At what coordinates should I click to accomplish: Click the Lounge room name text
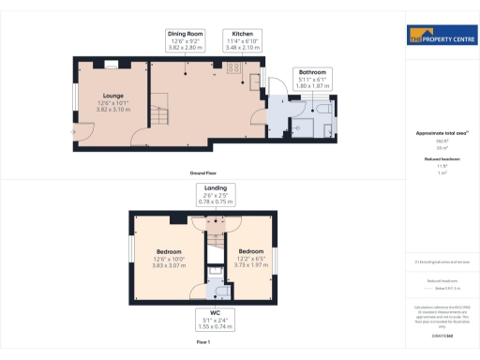coord(115,95)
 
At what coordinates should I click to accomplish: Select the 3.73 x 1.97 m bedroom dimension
coord(250,264)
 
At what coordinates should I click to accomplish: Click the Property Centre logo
coord(442,37)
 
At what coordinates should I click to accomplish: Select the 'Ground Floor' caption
coord(203,174)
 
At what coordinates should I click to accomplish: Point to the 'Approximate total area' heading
coord(441,133)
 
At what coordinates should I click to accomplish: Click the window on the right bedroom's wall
coord(278,256)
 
